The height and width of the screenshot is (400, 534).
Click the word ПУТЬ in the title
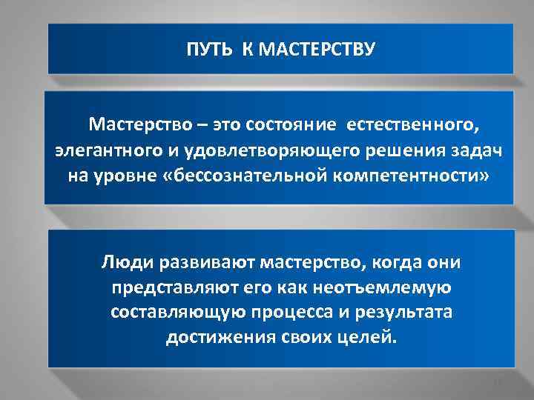point(203,50)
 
